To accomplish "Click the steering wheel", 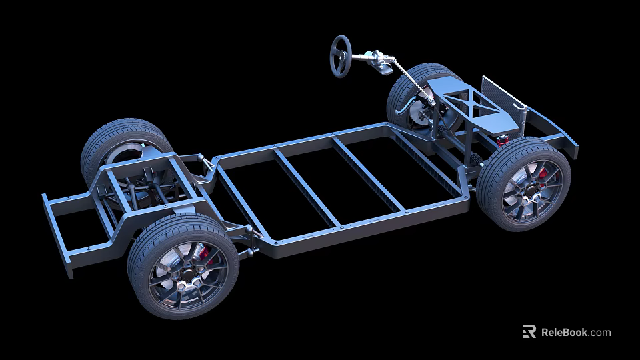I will (341, 56).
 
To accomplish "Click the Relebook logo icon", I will (529, 331).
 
